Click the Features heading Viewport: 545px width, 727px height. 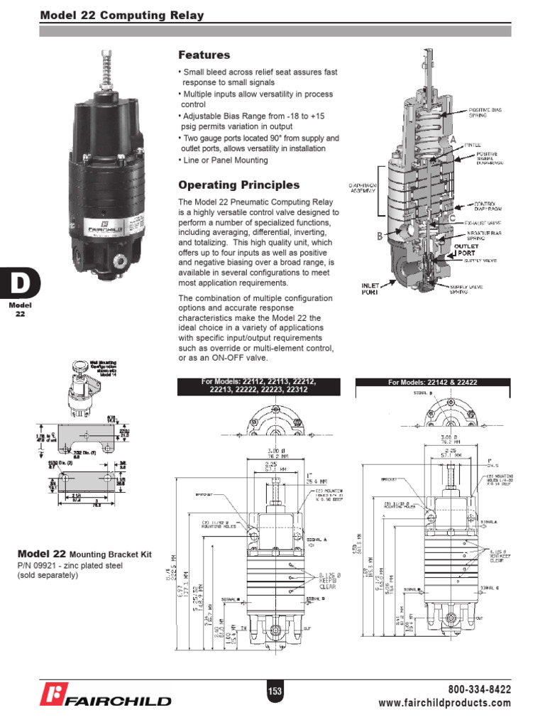point(204,55)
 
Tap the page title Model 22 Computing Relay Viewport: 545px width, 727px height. point(121,15)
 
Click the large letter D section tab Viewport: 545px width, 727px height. point(19,285)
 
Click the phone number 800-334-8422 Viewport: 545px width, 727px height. point(479,689)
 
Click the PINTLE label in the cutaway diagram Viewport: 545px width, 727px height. point(473,144)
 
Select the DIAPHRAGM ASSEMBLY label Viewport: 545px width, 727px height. point(361,190)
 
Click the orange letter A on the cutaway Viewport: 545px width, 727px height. point(451,141)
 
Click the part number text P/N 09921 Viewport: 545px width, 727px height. point(43,565)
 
